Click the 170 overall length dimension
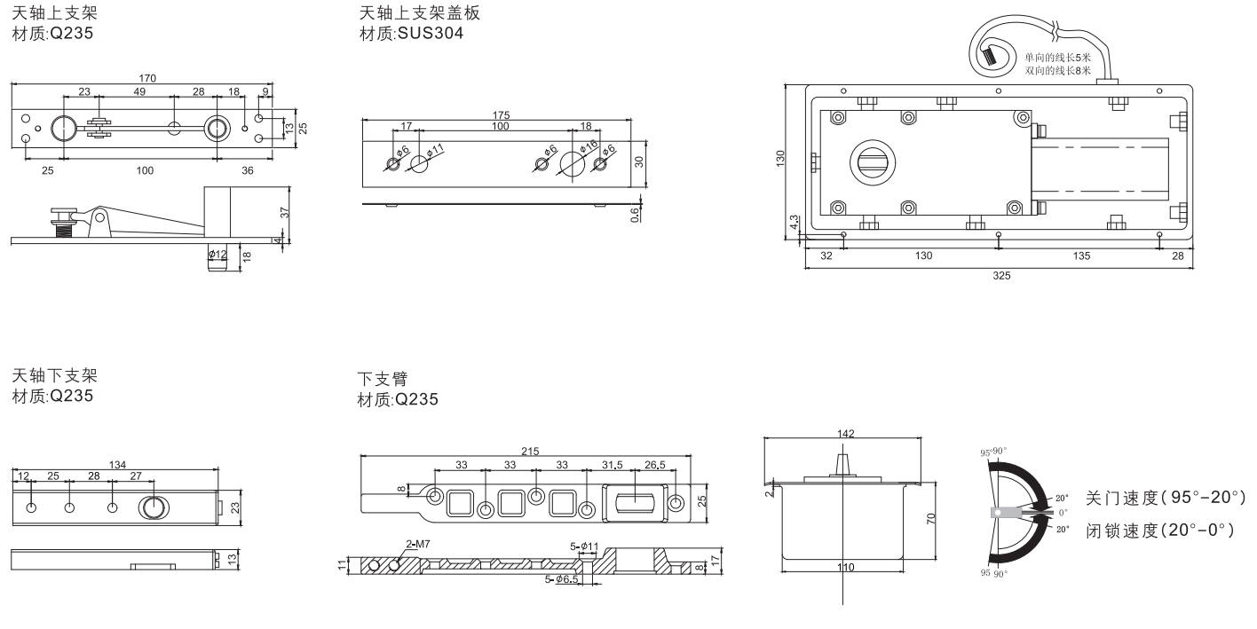pyautogui.click(x=147, y=78)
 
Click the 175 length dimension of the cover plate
pyautogui.click(x=501, y=115)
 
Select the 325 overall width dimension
pyautogui.click(x=1000, y=275)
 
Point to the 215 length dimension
pyautogui.click(x=530, y=452)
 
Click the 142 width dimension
pyautogui.click(x=846, y=433)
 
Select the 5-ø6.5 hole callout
pyautogui.click(x=562, y=579)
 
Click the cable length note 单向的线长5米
pyautogui.click(x=1057, y=57)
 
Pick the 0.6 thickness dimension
pyautogui.click(x=636, y=214)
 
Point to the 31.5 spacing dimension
pyautogui.click(x=613, y=465)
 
